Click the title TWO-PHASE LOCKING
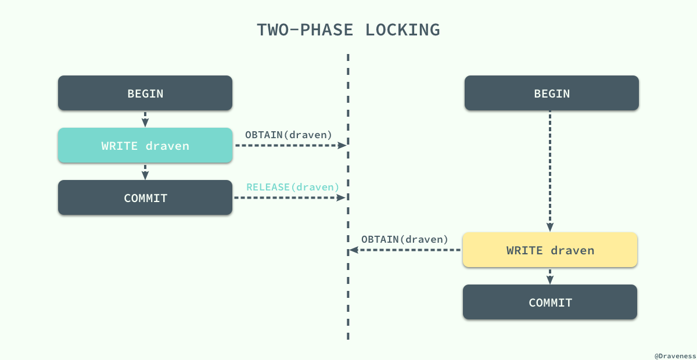[348, 30]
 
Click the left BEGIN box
[145, 93]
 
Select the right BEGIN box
[552, 93]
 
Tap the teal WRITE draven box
[145, 145]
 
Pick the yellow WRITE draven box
[550, 250]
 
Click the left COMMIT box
[145, 198]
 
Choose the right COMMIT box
[550, 302]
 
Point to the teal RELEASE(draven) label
[293, 187]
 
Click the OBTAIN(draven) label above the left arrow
[289, 135]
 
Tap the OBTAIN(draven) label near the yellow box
[405, 239]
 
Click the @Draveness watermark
[674, 354]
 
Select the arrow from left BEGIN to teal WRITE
[145, 119]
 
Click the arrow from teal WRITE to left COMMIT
[145, 171]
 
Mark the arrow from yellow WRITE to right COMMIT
[550, 276]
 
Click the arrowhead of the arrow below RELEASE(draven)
[342, 198]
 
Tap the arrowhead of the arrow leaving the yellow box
[353, 250]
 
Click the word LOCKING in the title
[402, 30]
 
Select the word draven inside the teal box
[167, 146]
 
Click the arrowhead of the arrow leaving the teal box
[342, 145]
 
